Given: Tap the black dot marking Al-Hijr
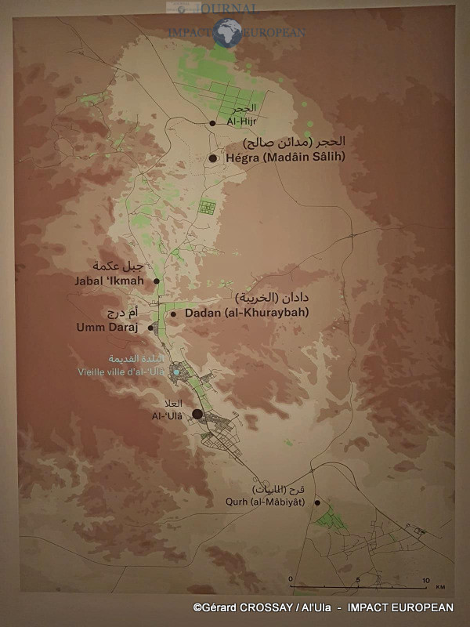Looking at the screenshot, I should [x=212, y=123].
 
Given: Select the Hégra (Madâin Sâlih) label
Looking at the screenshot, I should [x=285, y=158].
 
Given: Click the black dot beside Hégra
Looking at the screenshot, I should [x=212, y=158].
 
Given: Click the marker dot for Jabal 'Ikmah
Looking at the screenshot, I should [x=157, y=281].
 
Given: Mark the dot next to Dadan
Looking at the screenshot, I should [x=173, y=313].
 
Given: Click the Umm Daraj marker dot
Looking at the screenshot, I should [x=150, y=328].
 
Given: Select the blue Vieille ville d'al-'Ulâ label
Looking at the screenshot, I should [x=121, y=371].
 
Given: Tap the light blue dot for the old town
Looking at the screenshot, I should [x=177, y=371].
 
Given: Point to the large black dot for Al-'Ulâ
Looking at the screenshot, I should [x=197, y=414].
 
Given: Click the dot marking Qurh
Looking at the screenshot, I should [x=317, y=502].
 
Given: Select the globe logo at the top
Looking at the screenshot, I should [x=227, y=33].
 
